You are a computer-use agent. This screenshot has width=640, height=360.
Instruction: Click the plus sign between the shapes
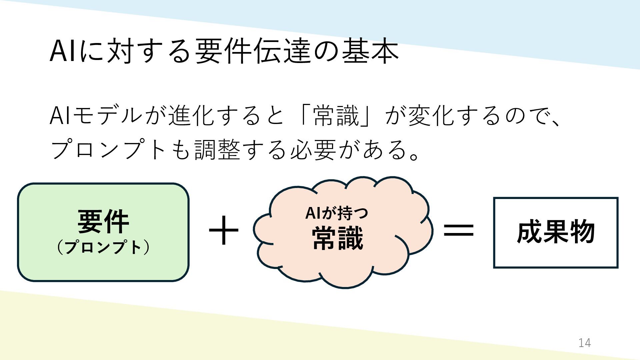[x=224, y=230]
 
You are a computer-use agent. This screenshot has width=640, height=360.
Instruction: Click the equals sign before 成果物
[x=459, y=230]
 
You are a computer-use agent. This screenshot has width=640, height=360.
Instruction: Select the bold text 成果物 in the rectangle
[x=556, y=232]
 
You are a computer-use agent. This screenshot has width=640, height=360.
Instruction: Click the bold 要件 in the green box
[x=103, y=221]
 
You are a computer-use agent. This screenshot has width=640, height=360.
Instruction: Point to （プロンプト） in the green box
[x=103, y=248]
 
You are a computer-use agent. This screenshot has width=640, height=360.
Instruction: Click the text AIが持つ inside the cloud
[x=337, y=213]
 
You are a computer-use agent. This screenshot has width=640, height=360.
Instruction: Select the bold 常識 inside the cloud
[x=337, y=238]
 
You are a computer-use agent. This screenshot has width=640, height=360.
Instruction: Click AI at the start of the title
[x=62, y=51]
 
